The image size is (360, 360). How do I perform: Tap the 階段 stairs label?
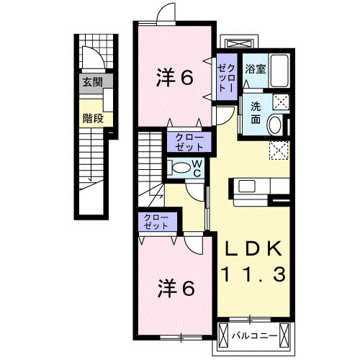[91, 117]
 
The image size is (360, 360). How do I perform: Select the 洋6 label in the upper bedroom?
[174, 78]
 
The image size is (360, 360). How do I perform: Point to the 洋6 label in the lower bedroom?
[175, 289]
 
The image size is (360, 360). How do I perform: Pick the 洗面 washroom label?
[255, 112]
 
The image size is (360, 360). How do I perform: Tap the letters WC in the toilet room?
[197, 170]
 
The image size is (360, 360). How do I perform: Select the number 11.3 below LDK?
[253, 274]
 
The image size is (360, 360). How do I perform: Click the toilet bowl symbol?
[184, 168]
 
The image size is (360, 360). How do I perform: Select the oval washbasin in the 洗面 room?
[276, 126]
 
